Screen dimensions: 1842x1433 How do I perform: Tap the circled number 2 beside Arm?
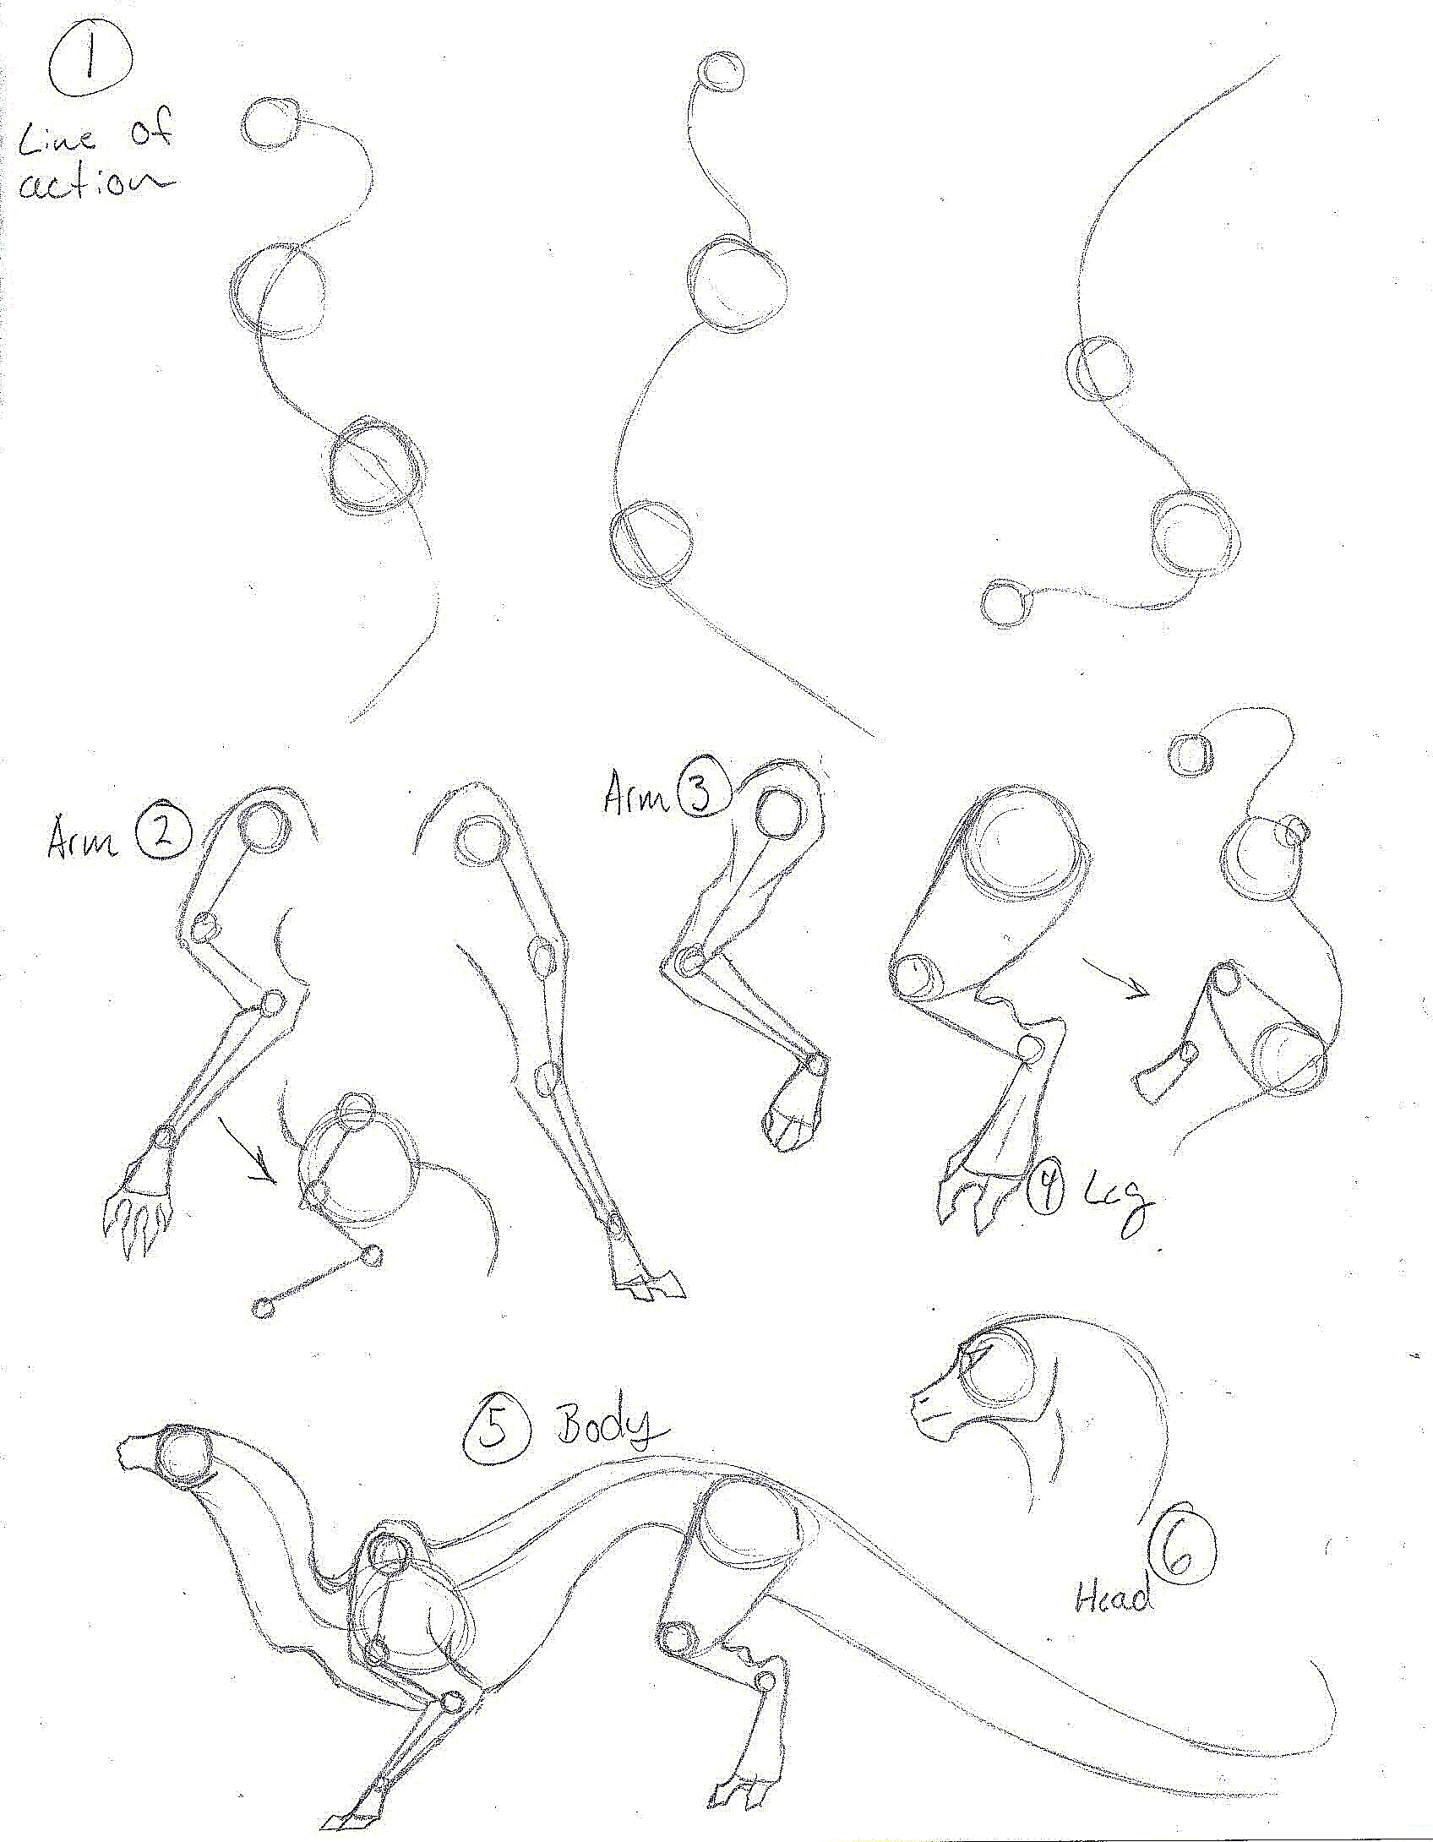pos(163,834)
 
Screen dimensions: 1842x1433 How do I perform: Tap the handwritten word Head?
pos(1113,1597)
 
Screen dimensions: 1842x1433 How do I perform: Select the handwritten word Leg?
pos(1117,1204)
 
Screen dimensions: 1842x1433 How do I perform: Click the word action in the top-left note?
pos(93,183)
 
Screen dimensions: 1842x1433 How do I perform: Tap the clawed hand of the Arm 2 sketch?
pos(139,1215)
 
